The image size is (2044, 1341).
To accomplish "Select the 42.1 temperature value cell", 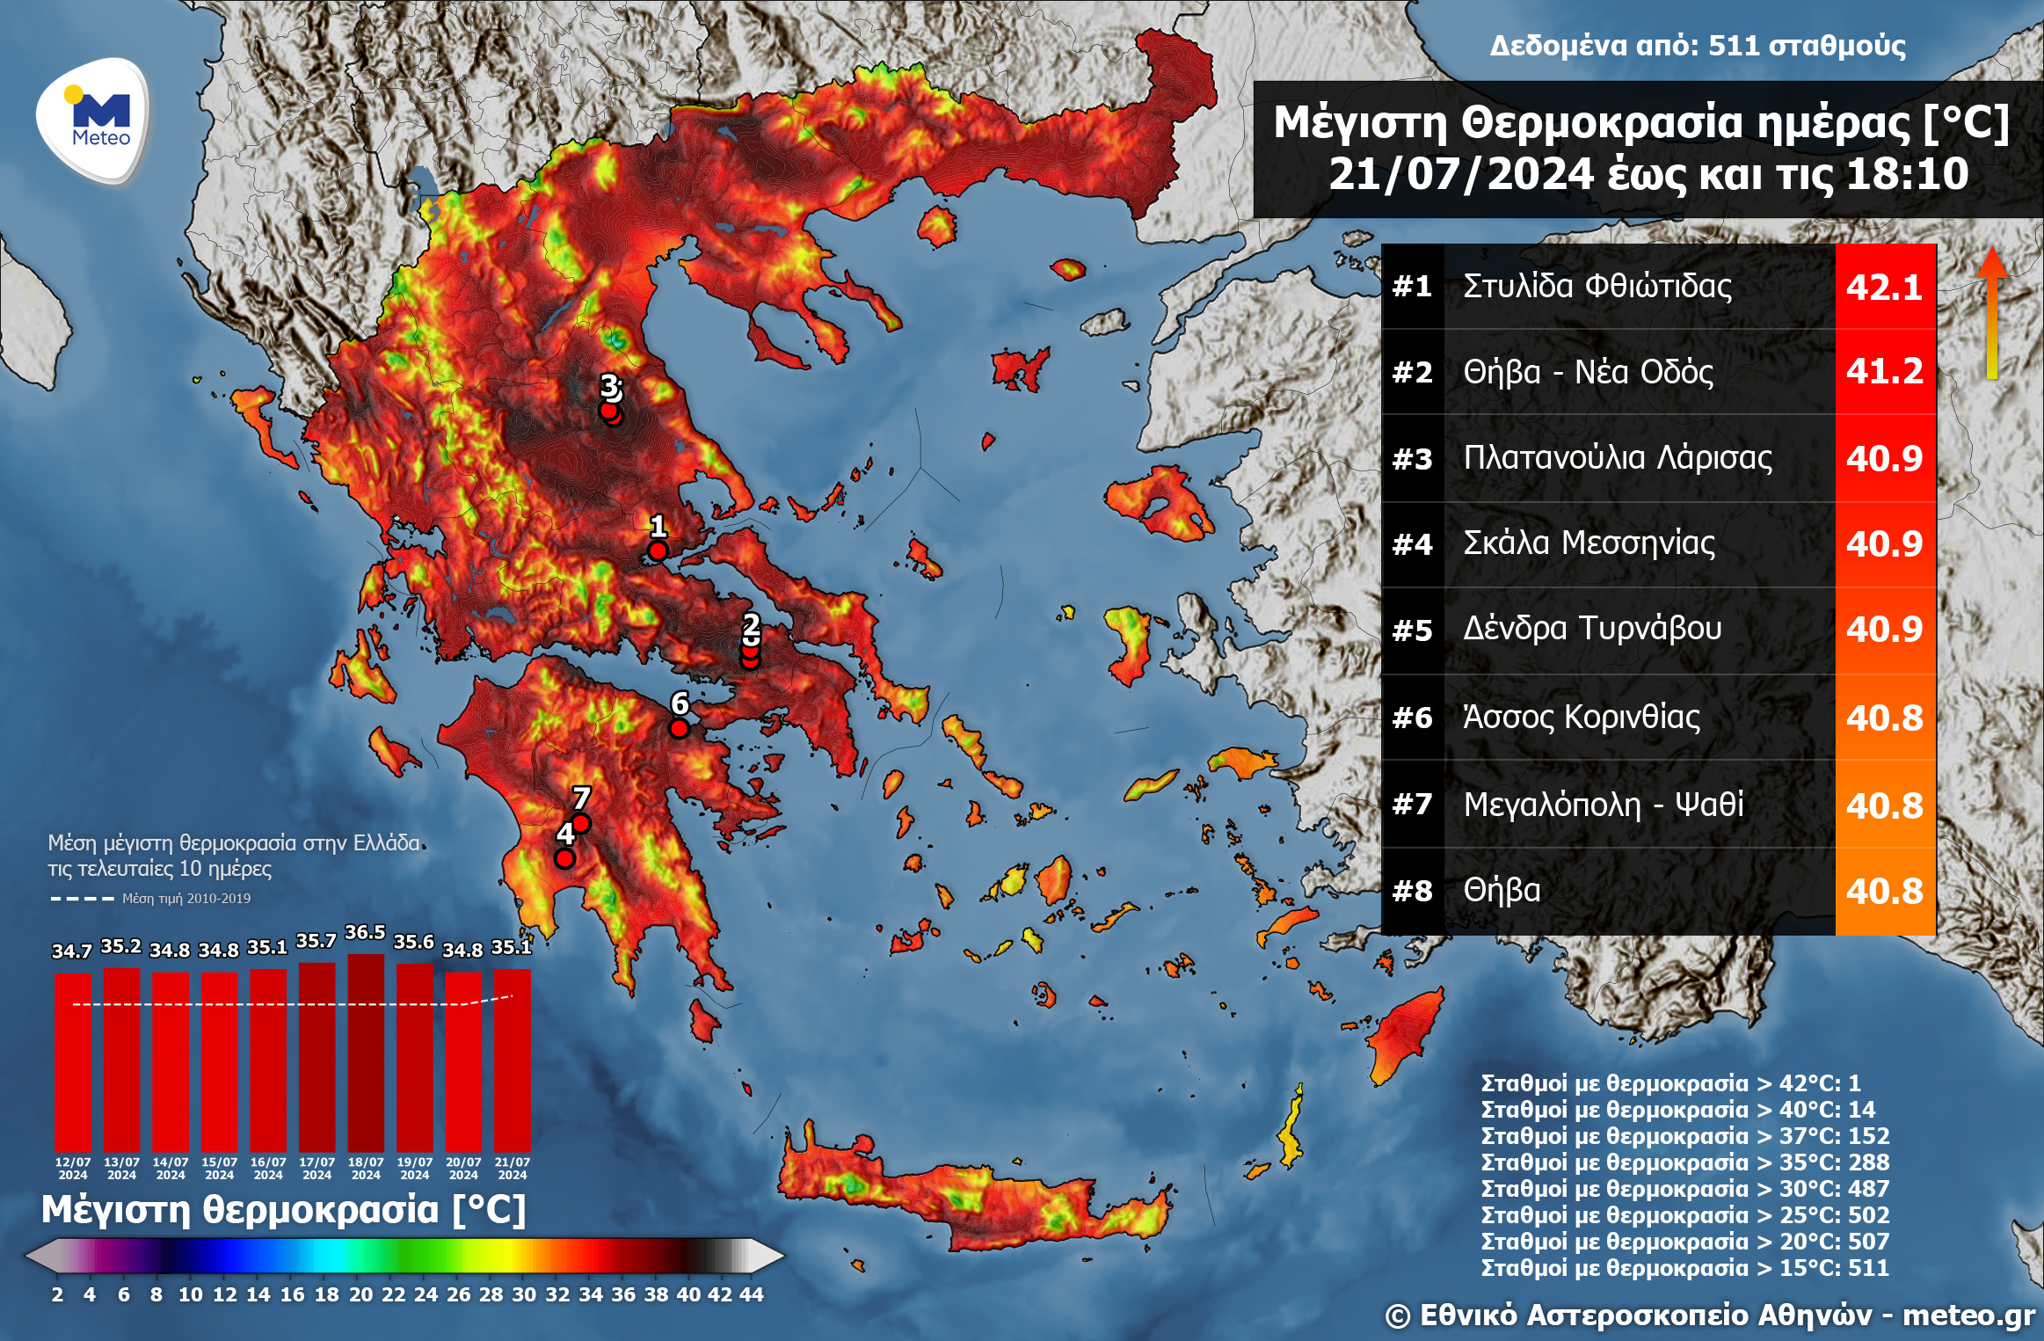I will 1884,287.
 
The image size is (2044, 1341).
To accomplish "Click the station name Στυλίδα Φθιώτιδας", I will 1597,287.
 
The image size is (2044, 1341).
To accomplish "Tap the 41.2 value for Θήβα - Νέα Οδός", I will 1884,371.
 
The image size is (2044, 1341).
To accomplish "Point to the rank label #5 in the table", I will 1412,630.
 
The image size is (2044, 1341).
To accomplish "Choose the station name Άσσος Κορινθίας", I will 1581,718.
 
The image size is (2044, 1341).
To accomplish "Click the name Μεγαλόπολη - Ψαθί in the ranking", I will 1603,804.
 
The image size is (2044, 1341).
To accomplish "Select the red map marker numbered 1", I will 658,551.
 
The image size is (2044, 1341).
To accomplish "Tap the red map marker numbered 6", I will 679,728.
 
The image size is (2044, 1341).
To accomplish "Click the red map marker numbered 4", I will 564,858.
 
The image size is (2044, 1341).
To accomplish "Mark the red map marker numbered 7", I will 580,823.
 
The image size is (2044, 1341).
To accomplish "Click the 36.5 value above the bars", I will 365,933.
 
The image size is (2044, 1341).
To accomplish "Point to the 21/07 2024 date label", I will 512,1168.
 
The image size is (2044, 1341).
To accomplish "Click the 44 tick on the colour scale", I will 752,1294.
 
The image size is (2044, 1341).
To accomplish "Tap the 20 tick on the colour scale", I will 360,1294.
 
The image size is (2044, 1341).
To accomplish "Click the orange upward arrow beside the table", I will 1992,312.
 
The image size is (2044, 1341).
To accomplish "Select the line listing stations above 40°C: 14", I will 1677,1110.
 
